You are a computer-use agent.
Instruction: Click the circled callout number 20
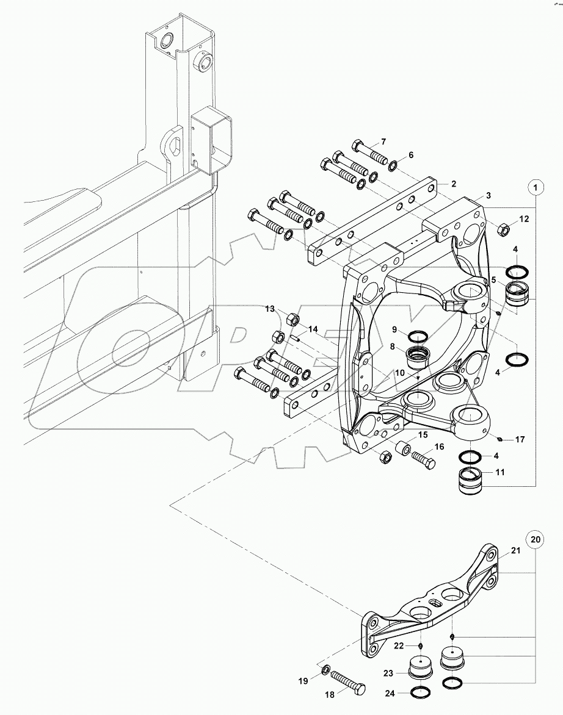click(x=536, y=539)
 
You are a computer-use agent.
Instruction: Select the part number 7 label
click(x=383, y=142)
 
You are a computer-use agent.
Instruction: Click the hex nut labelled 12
click(x=505, y=229)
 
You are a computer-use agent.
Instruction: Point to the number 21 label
click(x=515, y=552)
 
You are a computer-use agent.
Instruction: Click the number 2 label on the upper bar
click(x=454, y=183)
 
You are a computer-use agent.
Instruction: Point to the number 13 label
click(x=269, y=309)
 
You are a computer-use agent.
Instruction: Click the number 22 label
click(x=398, y=645)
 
